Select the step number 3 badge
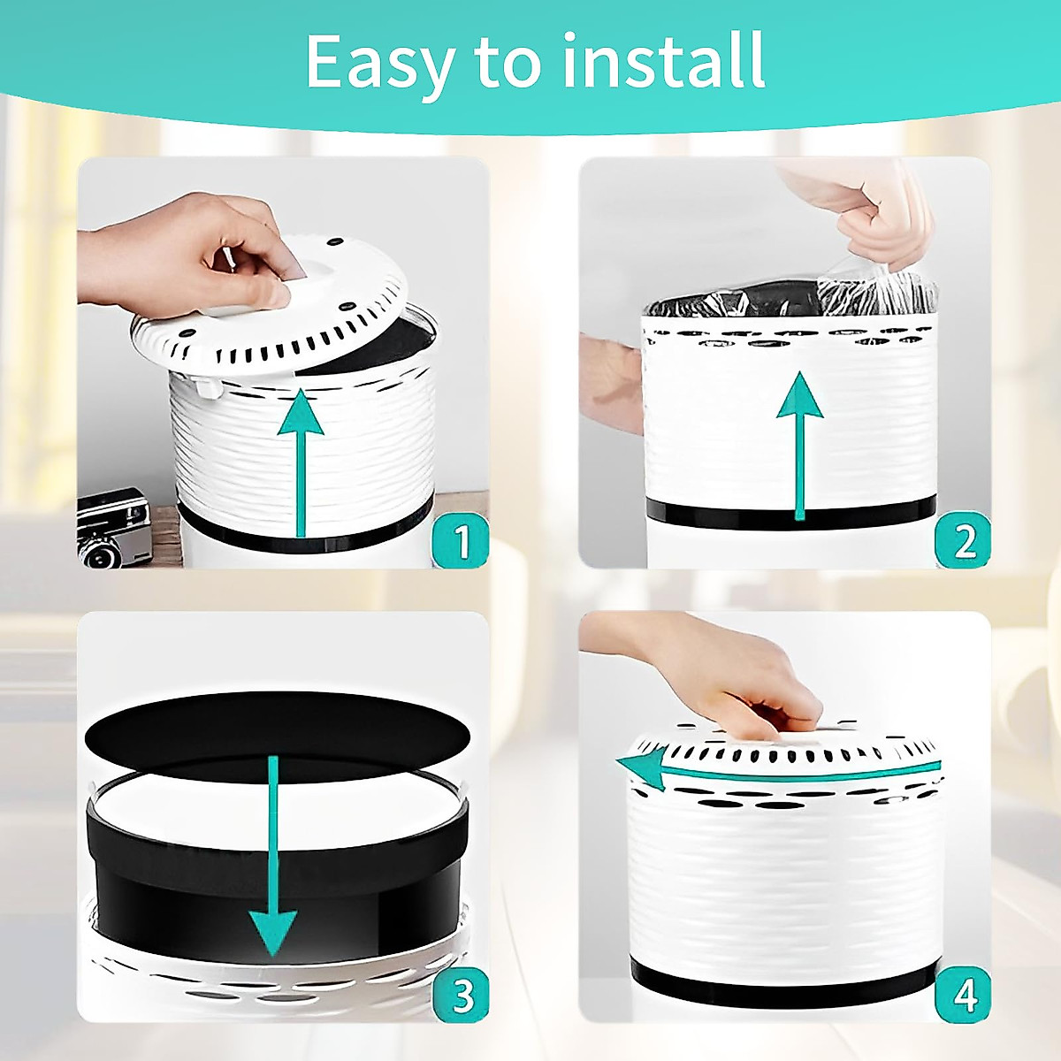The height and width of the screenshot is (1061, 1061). click(x=462, y=994)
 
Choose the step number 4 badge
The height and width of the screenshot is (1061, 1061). click(x=963, y=994)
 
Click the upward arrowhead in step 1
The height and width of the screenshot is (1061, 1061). click(x=300, y=412)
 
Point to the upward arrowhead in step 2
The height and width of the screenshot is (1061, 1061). click(x=799, y=394)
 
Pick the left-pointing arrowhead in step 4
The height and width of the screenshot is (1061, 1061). click(x=641, y=769)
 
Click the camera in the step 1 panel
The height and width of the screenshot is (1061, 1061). click(x=113, y=526)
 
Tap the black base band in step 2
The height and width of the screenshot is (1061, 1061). click(x=791, y=515)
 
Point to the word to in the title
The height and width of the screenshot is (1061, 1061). click(x=510, y=64)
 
